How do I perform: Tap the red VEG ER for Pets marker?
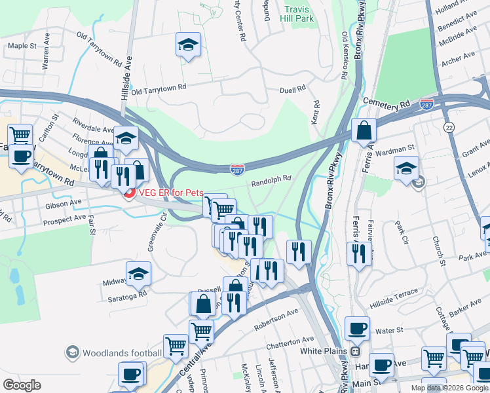coord(129,193)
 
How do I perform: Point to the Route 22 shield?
coord(449,126)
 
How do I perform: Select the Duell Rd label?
coord(293,89)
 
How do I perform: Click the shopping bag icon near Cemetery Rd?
coord(364,130)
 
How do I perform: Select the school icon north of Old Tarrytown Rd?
coord(188,45)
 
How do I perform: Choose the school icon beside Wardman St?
coord(406,168)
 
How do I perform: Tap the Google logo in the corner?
coord(22,385)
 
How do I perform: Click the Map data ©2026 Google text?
coord(449,388)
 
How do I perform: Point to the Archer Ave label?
coord(457,60)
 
